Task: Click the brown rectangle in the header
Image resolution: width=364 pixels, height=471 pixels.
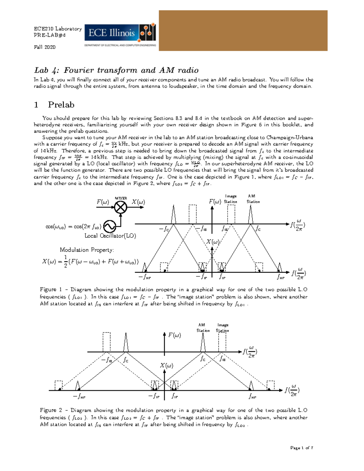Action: coord(243,30)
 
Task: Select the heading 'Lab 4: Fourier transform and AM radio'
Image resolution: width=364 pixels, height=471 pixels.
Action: coord(116,70)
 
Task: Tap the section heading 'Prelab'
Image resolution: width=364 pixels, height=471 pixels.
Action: coord(61,105)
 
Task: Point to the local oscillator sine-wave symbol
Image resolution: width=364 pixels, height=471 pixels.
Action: coord(110,226)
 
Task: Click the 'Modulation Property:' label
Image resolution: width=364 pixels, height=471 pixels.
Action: coord(87,250)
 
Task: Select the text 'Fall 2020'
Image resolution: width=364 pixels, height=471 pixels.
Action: coord(45,47)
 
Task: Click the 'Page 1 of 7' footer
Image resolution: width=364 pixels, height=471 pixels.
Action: coord(302,448)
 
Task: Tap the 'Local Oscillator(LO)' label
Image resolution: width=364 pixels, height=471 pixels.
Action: coord(110,236)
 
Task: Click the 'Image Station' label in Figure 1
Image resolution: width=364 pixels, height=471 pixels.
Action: coord(231,199)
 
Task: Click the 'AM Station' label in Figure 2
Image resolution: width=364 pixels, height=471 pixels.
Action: coord(203,328)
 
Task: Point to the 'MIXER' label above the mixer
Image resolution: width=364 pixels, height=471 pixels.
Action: coord(121,198)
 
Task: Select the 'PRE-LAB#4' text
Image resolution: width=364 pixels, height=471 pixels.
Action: coord(49,35)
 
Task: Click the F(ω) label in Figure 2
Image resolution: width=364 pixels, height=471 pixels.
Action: coord(174,335)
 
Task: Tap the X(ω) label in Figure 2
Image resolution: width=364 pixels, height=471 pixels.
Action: coord(167,365)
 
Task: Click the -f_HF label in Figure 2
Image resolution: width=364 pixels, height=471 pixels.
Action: coord(79,396)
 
